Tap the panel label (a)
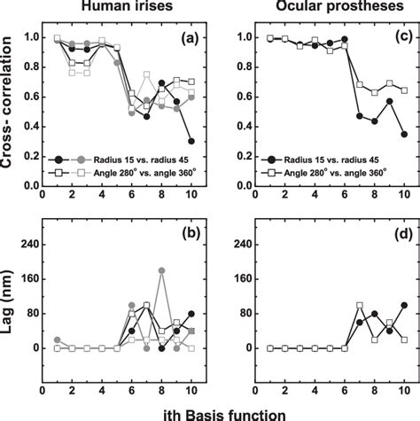[x=185, y=41]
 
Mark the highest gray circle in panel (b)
[x=161, y=270]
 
